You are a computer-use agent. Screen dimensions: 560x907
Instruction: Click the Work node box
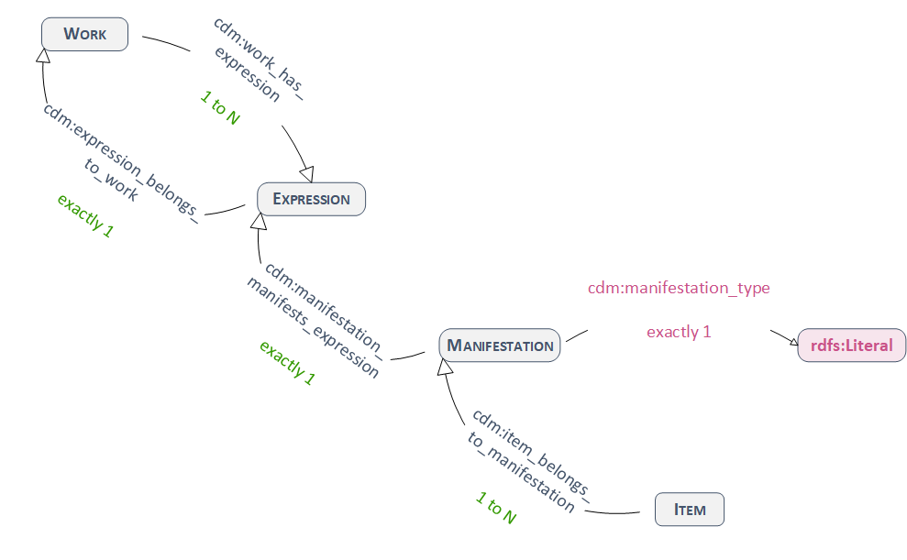coord(84,35)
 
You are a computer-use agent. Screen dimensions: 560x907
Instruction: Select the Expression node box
coord(311,199)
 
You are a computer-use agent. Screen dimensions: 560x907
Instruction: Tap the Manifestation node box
coord(500,346)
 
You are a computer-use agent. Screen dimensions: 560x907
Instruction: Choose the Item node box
coord(690,510)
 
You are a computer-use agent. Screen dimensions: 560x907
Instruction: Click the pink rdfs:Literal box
coord(851,346)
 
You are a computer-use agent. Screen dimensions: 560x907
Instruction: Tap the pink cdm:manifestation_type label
coord(679,288)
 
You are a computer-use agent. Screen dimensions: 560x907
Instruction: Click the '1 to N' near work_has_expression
coord(219,108)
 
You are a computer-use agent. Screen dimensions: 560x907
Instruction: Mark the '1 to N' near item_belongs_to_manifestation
coord(496,508)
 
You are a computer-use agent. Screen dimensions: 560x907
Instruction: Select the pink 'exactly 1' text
coord(679,332)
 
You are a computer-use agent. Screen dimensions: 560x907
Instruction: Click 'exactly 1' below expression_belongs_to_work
coord(85,216)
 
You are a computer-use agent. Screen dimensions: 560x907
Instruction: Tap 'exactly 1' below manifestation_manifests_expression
coord(287,363)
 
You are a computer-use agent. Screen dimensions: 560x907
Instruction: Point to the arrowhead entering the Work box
coord(42,57)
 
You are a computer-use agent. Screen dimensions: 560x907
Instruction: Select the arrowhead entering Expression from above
coord(307,173)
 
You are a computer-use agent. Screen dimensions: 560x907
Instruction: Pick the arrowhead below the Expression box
coord(260,222)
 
